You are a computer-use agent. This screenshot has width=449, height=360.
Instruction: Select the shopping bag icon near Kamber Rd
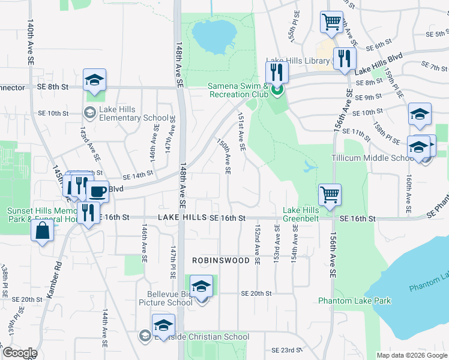click(43, 230)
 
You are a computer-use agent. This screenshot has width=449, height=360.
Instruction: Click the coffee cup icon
click(97, 192)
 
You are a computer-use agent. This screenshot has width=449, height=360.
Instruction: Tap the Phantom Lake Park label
click(354, 301)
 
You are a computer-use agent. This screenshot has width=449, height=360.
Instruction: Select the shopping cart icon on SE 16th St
click(329, 194)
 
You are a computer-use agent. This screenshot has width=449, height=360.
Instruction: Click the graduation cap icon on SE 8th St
click(94, 80)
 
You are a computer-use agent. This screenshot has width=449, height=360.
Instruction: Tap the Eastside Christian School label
click(200, 337)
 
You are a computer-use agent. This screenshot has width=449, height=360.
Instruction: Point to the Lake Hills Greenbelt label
click(301, 214)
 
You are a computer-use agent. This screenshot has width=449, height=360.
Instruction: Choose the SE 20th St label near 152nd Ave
click(256, 293)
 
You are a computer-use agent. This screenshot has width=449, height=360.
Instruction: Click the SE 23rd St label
click(286, 350)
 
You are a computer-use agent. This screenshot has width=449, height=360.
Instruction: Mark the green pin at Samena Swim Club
click(277, 91)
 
